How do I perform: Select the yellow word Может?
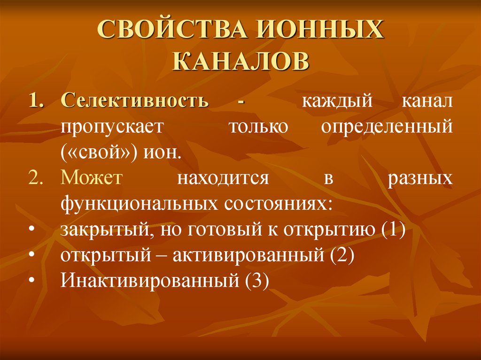click(x=92, y=179)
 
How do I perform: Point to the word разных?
click(x=421, y=179)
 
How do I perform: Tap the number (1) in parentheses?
click(x=393, y=230)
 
